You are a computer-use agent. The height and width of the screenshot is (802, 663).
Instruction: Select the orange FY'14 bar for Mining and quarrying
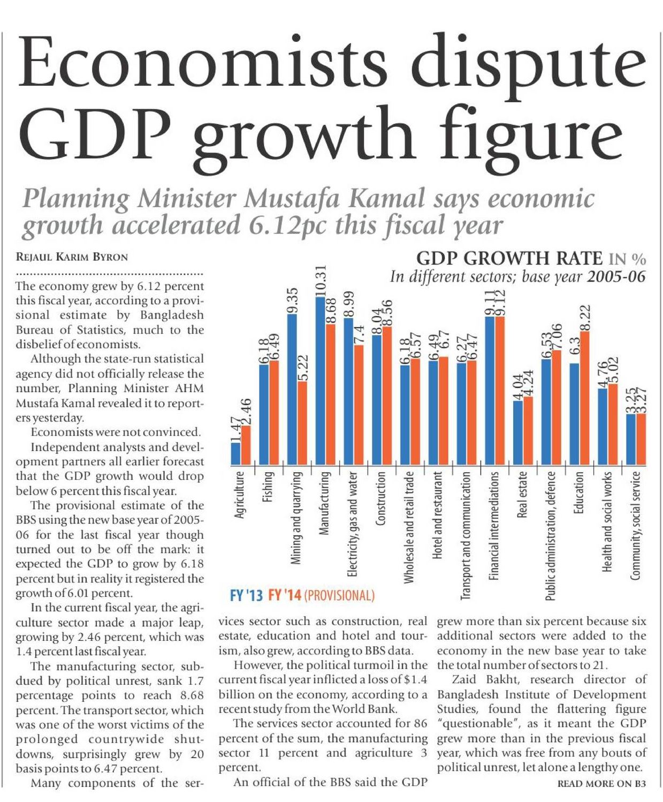[302, 423]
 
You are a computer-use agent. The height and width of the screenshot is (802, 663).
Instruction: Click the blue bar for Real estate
[518, 432]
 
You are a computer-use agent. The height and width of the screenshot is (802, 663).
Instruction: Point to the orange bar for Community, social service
[641, 439]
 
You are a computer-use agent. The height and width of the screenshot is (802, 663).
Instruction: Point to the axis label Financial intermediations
[494, 525]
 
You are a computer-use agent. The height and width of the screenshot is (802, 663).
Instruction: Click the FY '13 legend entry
[246, 595]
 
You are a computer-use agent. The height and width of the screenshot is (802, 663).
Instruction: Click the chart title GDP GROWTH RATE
[509, 258]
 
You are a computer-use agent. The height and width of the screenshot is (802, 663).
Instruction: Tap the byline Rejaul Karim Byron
[72, 256]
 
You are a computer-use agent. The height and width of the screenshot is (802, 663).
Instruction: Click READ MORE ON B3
[601, 784]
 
